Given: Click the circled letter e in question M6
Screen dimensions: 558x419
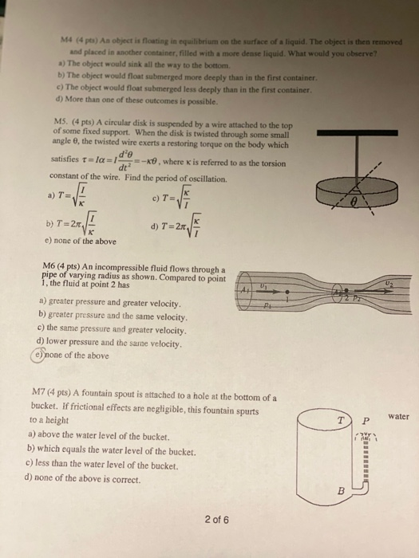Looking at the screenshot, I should tap(42, 356).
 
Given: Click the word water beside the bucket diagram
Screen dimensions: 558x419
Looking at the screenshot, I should tap(399, 416).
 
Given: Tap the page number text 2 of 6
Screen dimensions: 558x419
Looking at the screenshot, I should tap(215, 520).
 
